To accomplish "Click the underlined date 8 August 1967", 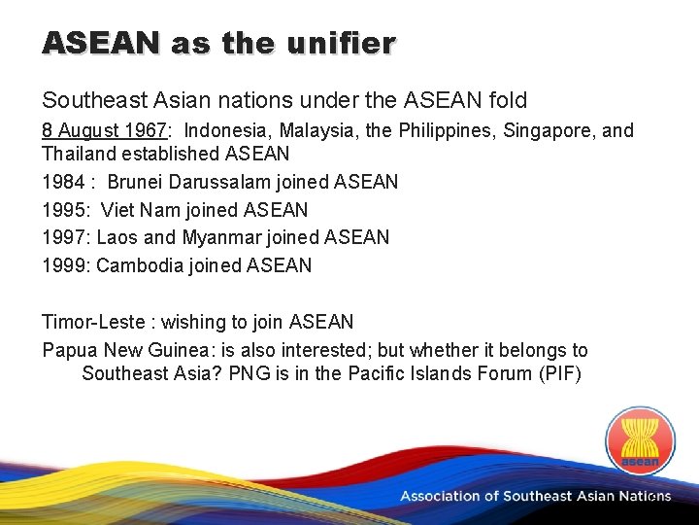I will [x=104, y=130].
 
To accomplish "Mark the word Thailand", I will [x=82, y=154].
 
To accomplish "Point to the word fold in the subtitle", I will [x=509, y=100].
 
